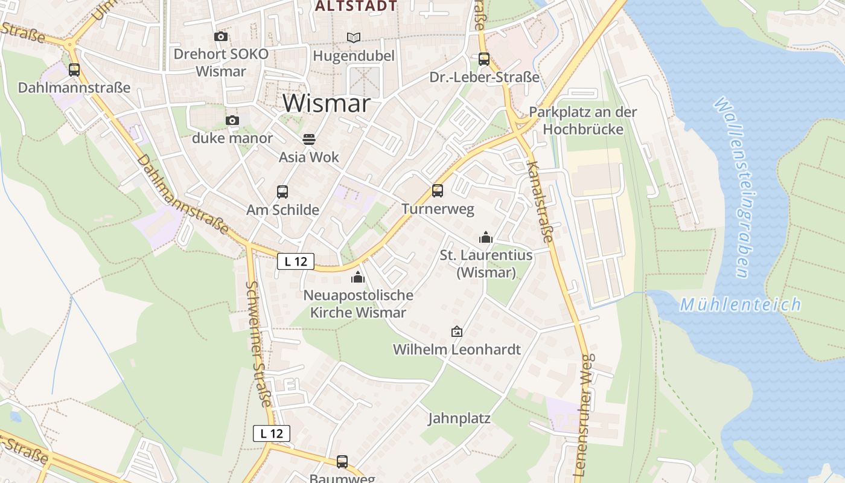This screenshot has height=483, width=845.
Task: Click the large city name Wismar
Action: pyautogui.click(x=326, y=103)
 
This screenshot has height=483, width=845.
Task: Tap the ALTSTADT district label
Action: pyautogui.click(x=356, y=6)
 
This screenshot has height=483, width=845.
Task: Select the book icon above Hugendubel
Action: pyautogui.click(x=353, y=37)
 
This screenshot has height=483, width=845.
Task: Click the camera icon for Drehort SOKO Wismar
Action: pyautogui.click(x=221, y=36)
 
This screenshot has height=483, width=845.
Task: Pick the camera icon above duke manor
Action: pyautogui.click(x=232, y=121)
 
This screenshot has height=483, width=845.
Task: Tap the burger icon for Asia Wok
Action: pyautogui.click(x=309, y=139)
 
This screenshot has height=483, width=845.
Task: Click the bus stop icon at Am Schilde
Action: pyautogui.click(x=282, y=192)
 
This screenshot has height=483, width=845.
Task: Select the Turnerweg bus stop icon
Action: pyautogui.click(x=438, y=191)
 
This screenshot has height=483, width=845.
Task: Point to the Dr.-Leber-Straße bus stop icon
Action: pyautogui.click(x=484, y=59)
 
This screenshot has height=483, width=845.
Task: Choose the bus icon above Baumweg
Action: pyautogui.click(x=342, y=462)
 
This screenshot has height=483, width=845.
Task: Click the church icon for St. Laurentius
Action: pyautogui.click(x=486, y=237)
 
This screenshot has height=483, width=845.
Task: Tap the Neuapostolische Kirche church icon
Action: pyautogui.click(x=358, y=278)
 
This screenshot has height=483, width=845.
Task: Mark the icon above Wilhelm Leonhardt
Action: pyautogui.click(x=457, y=331)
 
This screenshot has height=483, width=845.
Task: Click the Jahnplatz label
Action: pyautogui.click(x=459, y=418)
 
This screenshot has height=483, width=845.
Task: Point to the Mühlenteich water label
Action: pyautogui.click(x=741, y=304)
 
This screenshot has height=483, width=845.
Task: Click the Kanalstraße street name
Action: pyautogui.click(x=539, y=202)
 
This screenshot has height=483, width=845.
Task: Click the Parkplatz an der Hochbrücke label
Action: pyautogui.click(x=582, y=121)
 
